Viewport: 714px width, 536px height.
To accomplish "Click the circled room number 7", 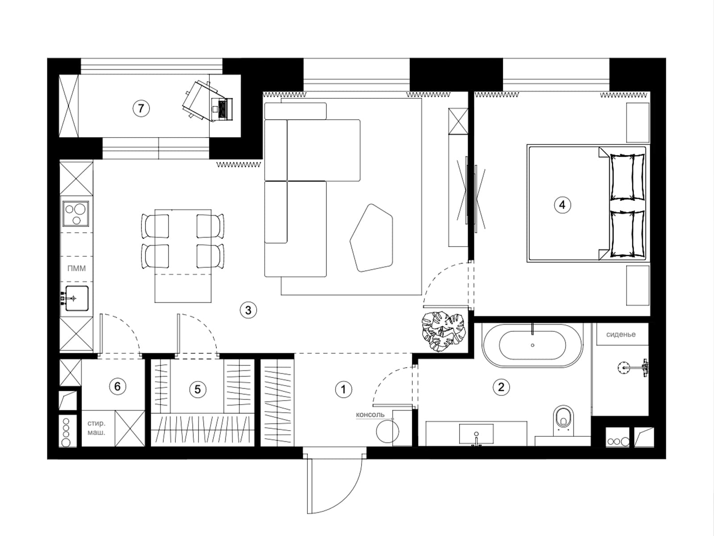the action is click(141, 108).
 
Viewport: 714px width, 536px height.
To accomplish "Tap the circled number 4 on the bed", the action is click(562, 205).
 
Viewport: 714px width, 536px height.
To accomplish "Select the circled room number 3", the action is click(248, 310).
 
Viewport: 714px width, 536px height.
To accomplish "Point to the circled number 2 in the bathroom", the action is click(501, 387).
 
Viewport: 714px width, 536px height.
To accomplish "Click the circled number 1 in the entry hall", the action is click(344, 389).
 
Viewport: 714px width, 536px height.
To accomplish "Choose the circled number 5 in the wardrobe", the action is click(197, 389).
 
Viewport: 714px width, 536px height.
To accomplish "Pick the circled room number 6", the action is click(117, 386).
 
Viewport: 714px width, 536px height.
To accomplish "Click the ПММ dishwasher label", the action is click(76, 268).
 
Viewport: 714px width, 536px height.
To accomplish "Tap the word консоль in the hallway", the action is click(370, 415).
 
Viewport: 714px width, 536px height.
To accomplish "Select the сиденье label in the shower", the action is click(621, 335).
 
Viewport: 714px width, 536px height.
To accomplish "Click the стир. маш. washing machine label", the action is click(96, 428).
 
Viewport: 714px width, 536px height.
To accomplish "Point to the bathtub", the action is click(532, 345).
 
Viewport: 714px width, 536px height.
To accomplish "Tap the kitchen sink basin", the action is click(77, 298).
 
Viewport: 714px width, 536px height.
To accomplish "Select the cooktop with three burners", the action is click(76, 214).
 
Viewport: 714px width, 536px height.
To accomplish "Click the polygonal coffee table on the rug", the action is click(371, 238).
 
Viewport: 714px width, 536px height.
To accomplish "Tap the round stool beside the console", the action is click(387, 431).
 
